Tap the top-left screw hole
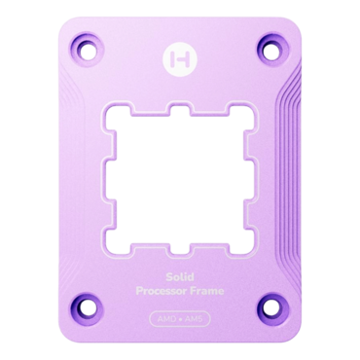(x=94, y=45)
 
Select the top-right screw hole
(x=265, y=45)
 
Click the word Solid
(x=179, y=248)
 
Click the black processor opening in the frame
(x=179, y=167)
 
